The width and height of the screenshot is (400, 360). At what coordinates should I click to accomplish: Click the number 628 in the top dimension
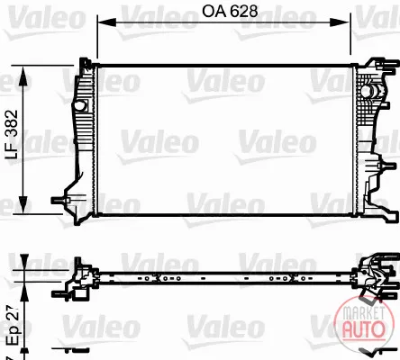[244, 11]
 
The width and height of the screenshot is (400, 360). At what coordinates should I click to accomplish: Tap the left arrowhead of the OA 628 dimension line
[106, 22]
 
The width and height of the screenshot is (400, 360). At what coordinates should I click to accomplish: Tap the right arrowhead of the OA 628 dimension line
[340, 22]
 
